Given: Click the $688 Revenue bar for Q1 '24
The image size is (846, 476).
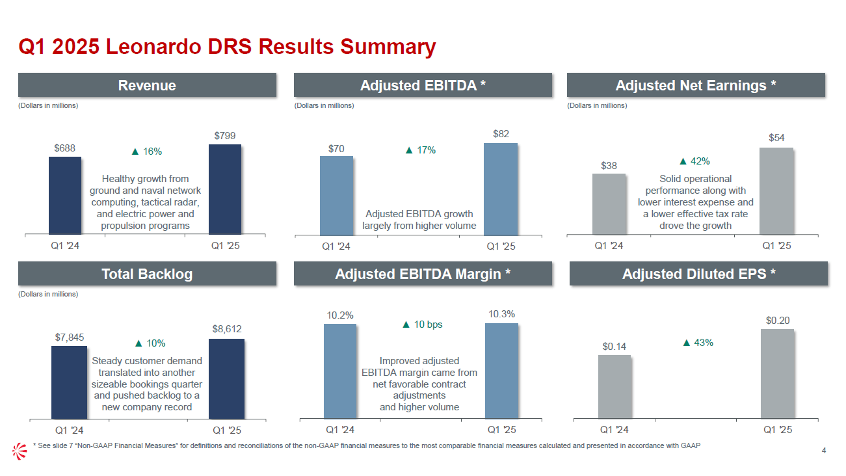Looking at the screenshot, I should [65, 195].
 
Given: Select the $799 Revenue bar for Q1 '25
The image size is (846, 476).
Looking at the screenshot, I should [225, 189].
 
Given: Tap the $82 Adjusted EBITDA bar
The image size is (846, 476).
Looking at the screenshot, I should [501, 189].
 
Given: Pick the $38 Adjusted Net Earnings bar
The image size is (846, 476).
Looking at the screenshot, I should [609, 204].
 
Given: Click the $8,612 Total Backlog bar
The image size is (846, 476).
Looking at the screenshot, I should [226, 378].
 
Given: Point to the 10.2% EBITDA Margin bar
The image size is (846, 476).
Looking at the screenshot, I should [340, 371].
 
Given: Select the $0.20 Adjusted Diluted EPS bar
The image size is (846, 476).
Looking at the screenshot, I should [777, 374].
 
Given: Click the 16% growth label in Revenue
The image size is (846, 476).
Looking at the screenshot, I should [147, 152].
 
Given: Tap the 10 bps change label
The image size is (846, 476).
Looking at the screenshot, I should [423, 324].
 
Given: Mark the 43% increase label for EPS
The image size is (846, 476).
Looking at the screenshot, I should [698, 343].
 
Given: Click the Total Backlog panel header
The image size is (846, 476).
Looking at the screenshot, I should [147, 274].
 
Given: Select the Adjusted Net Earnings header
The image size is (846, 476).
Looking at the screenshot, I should [696, 85].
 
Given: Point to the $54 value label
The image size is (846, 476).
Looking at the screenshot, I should [776, 138].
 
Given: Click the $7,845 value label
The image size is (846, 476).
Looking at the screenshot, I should [70, 337].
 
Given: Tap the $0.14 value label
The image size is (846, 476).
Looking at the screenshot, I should [614, 346].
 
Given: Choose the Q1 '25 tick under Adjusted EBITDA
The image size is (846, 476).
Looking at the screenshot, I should [501, 246].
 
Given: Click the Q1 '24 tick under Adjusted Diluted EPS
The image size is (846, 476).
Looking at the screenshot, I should [615, 430].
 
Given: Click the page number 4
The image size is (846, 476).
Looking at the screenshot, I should [824, 451].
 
